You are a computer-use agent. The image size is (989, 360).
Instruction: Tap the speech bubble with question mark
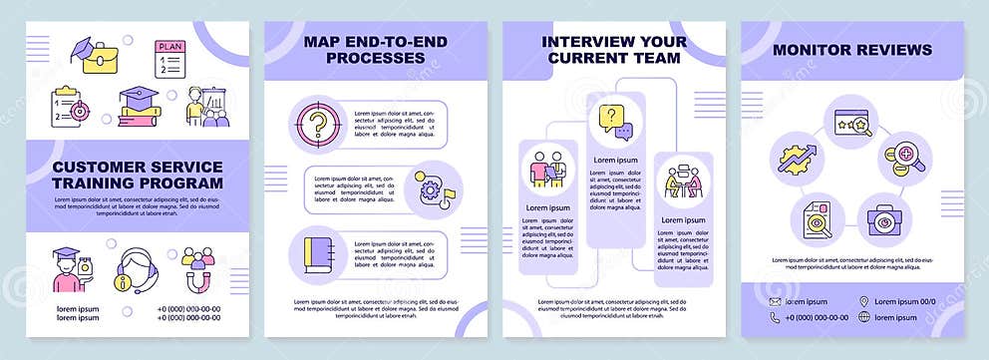pyautogui.click(x=612, y=122)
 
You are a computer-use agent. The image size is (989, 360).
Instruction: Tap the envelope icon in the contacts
pyautogui.click(x=777, y=301)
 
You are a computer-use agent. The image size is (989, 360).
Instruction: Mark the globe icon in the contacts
pyautogui.click(x=863, y=318)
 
